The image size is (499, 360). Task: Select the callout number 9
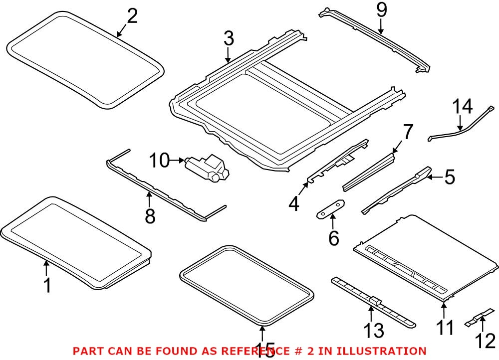pyautogui.click(x=381, y=10)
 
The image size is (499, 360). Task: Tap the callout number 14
pyautogui.click(x=462, y=107)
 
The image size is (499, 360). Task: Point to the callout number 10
pyautogui.click(x=160, y=161)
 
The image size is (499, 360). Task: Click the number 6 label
pyautogui.click(x=333, y=238)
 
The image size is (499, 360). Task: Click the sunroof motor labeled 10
pyautogui.click(x=206, y=167)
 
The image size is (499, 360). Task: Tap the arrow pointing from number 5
pyautogui.click(x=434, y=176)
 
